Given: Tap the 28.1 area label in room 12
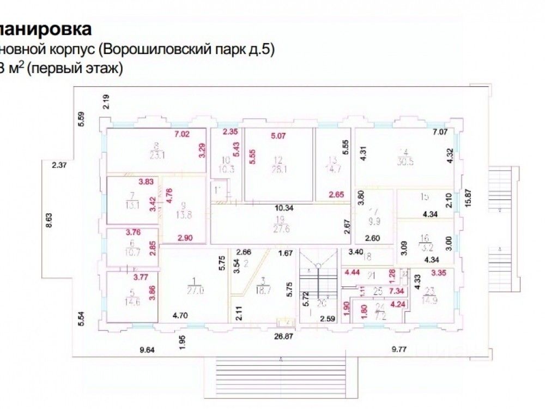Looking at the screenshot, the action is point(278,169).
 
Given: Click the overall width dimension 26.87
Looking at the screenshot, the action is point(287,337).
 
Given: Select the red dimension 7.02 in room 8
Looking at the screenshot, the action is point(182,134).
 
